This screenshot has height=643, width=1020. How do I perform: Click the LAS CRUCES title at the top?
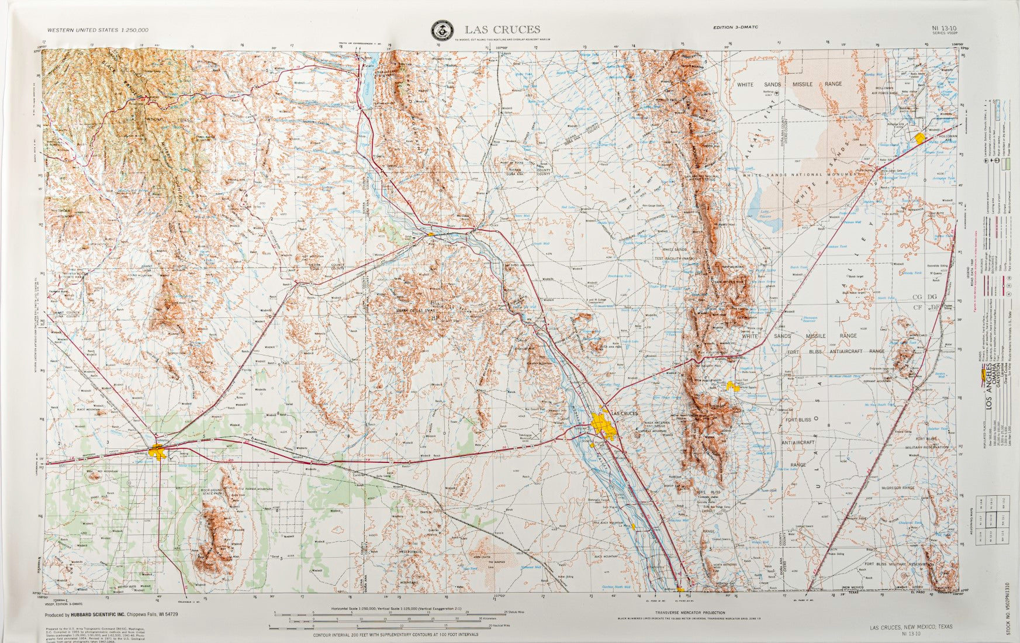click(x=503, y=29)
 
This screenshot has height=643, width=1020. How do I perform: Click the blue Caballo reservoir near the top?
click(x=369, y=88)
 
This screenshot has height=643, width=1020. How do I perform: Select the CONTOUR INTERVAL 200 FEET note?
click(x=395, y=634)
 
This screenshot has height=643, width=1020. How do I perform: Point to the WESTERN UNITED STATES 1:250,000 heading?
click(x=97, y=29)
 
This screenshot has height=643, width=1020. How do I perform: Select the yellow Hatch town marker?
click(x=431, y=234)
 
